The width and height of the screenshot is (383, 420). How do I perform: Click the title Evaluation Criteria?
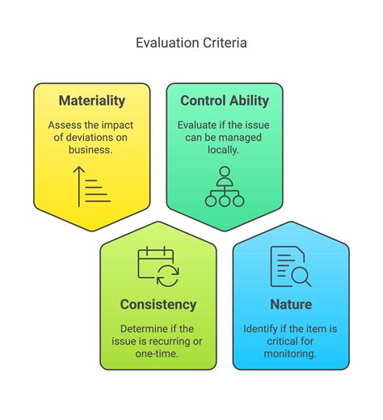pyautogui.click(x=191, y=42)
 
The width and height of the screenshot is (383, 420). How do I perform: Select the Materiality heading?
pyautogui.click(x=92, y=101)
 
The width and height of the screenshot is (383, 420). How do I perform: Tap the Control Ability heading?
pyautogui.click(x=225, y=101)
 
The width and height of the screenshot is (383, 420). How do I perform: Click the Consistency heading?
pyautogui.click(x=158, y=304)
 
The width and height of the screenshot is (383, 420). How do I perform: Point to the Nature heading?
pyautogui.click(x=291, y=304)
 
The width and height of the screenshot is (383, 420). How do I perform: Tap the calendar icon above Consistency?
pyautogui.click(x=158, y=267)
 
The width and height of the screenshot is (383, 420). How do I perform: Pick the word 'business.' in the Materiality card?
pyautogui.click(x=91, y=151)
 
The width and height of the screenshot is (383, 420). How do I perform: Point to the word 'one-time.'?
pyautogui.click(x=158, y=354)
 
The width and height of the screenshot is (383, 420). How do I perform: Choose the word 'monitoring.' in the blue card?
pyautogui.click(x=291, y=354)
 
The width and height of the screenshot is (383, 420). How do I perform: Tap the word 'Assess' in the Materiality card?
pyautogui.click(x=65, y=125)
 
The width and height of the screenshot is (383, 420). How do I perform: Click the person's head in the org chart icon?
pyautogui.click(x=224, y=171)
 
